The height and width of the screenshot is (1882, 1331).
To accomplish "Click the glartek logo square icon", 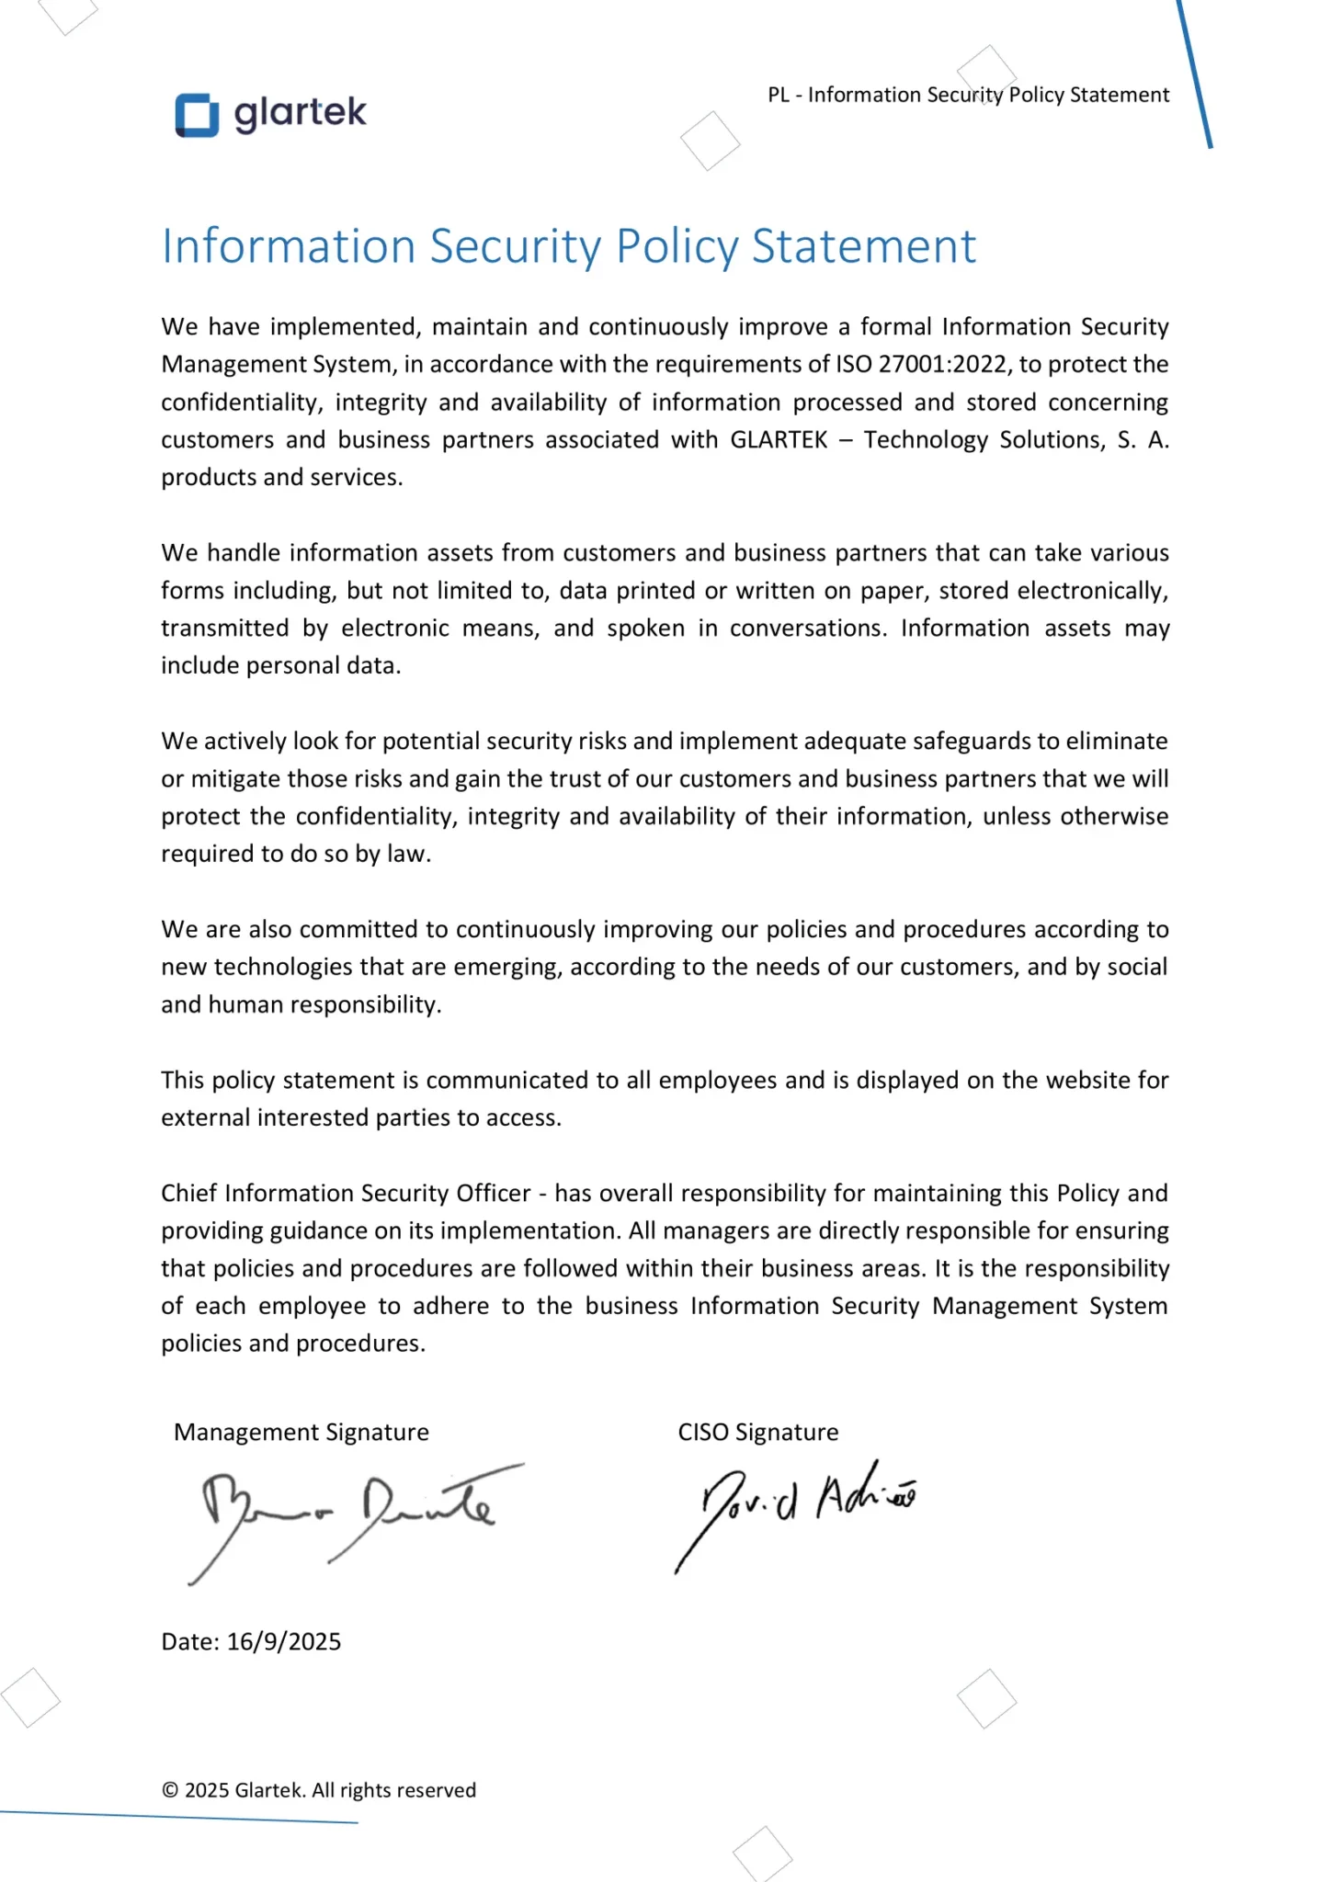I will click(x=197, y=116).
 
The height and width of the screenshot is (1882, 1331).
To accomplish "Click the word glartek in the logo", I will click(x=300, y=114).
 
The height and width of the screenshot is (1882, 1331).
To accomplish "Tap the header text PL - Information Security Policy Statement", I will click(x=968, y=95).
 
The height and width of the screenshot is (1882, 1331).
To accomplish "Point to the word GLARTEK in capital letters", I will click(x=779, y=440).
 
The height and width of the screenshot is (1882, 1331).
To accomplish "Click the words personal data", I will click(x=322, y=666).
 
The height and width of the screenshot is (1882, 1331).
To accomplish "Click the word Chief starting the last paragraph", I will click(x=188, y=1194).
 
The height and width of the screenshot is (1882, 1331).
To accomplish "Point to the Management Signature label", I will click(x=301, y=1433).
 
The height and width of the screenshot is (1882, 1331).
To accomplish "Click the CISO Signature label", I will click(x=757, y=1433).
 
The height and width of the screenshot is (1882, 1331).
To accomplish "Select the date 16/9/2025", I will click(x=284, y=1642).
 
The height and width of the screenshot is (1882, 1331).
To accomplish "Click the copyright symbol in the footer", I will click(x=170, y=1790).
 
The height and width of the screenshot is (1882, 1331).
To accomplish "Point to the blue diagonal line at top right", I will click(x=1194, y=74).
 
